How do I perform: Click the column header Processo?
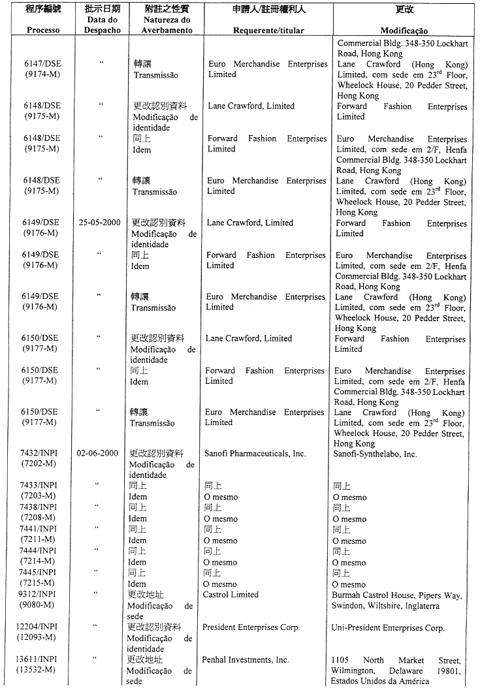click(43, 30)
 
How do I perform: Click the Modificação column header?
click(404, 31)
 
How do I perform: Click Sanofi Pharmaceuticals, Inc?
click(255, 453)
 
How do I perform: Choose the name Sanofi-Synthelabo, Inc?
click(375, 454)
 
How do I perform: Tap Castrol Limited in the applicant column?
click(231, 595)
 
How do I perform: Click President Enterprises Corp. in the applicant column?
click(251, 627)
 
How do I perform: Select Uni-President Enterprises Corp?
click(388, 628)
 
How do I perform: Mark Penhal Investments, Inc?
click(246, 660)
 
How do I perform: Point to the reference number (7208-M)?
click(38, 518)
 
